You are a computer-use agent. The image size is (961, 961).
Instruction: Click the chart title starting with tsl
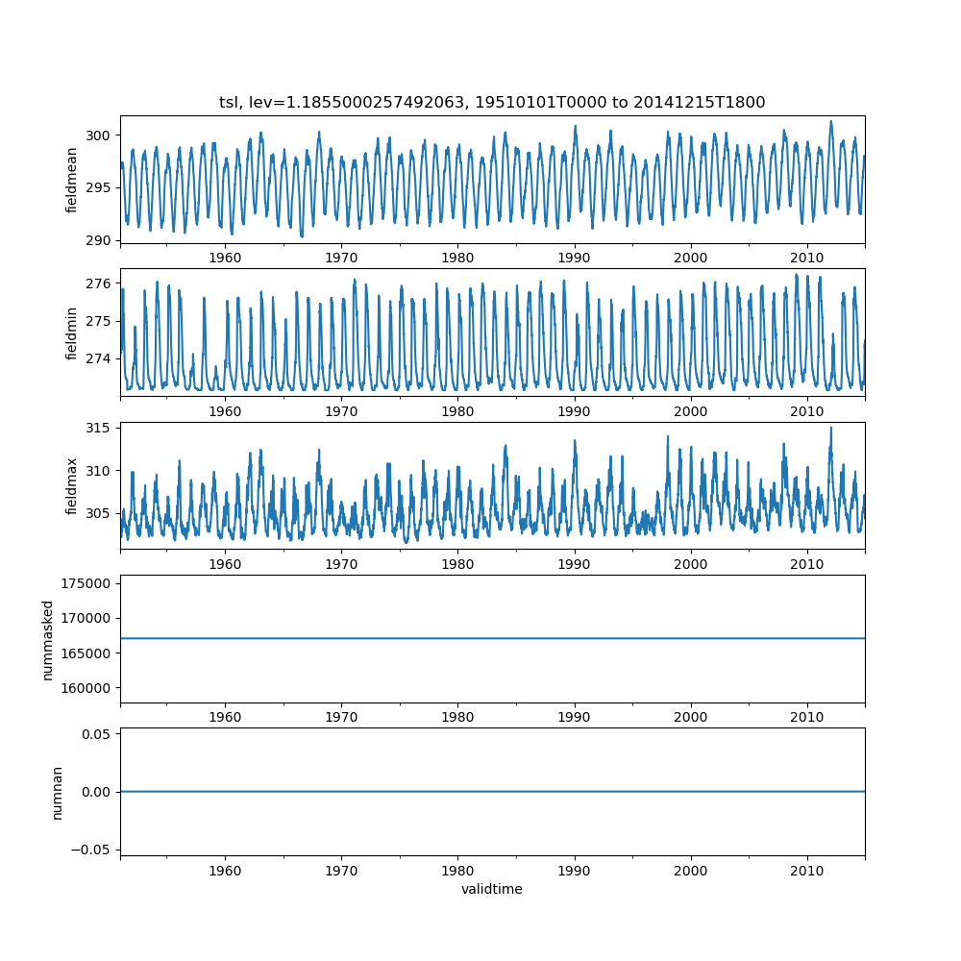pos(492,103)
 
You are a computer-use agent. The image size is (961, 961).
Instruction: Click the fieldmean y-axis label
pos(72,180)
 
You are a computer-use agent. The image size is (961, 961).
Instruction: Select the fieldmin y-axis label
pos(72,333)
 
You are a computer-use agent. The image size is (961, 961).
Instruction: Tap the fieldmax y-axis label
pos(72,485)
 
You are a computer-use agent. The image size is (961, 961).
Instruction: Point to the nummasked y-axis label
pos(48,639)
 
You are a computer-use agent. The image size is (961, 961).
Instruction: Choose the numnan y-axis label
pos(58,792)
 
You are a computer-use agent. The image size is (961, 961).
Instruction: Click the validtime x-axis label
pos(492,889)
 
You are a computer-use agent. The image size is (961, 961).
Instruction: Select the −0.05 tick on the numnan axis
pos(92,850)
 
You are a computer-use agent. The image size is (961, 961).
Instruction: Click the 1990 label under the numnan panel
pos(575,870)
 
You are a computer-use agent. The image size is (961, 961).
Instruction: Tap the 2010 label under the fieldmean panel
pos(807,258)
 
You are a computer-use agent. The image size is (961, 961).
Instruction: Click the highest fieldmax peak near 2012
pos(831,429)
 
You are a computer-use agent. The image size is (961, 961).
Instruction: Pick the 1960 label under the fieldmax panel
pos(225,564)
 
